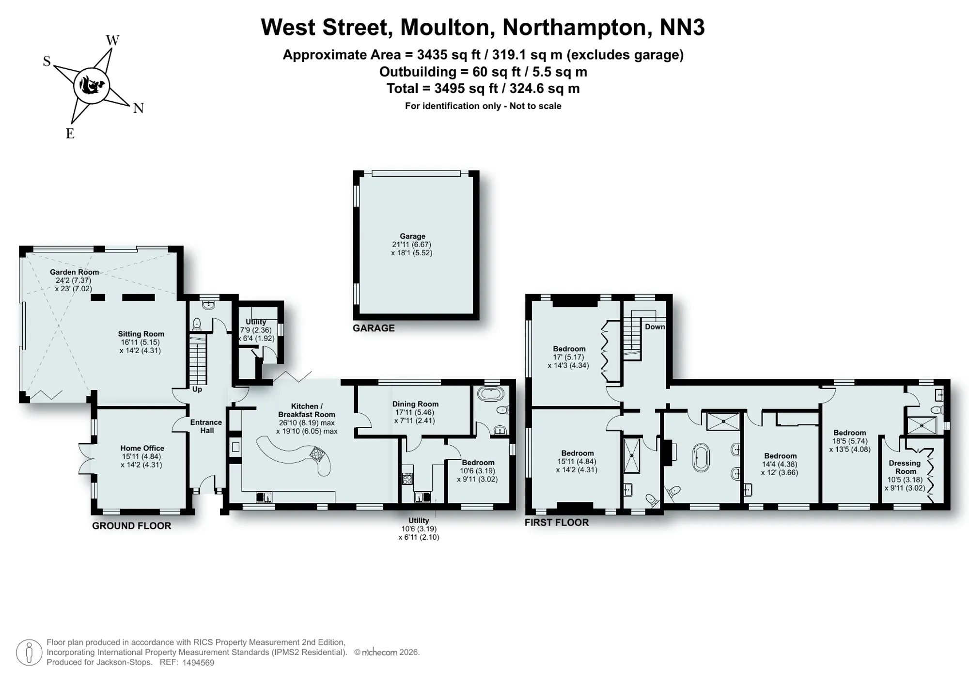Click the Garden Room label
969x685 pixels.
(75, 272)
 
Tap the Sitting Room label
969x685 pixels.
(141, 334)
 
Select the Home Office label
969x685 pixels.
(142, 448)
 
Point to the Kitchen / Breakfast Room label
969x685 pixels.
(307, 410)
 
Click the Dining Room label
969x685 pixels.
(415, 404)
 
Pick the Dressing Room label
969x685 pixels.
(905, 467)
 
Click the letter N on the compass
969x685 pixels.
(139, 109)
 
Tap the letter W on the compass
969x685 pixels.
(112, 40)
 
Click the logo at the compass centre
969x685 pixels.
(91, 86)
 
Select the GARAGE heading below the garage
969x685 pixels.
(374, 328)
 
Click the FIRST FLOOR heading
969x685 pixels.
(557, 522)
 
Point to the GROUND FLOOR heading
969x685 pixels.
(132, 526)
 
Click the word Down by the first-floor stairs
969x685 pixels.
(655, 327)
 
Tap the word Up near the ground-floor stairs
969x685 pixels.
(197, 389)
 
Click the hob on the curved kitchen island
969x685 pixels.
(317, 453)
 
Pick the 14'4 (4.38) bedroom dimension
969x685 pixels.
(780, 464)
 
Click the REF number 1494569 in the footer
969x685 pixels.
(199, 663)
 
